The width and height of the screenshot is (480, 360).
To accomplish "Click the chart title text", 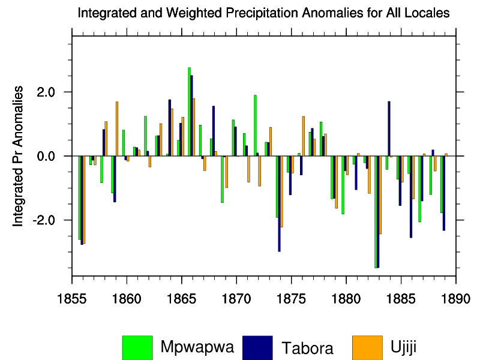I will coord(264,13).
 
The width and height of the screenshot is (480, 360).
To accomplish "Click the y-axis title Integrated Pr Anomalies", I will coord(19,155).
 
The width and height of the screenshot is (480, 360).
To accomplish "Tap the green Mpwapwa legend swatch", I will coord(137,347).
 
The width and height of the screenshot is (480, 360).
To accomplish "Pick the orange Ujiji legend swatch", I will coord(367,347).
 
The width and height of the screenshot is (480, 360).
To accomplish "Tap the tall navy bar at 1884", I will coord(389,128).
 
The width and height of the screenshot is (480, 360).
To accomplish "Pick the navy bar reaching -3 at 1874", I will coord(280,203).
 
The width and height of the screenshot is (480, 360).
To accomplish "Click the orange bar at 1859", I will coord(116,128).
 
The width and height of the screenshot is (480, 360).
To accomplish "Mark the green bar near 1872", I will coord(255,125).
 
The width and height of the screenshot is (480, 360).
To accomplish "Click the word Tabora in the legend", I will coord(307,347).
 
